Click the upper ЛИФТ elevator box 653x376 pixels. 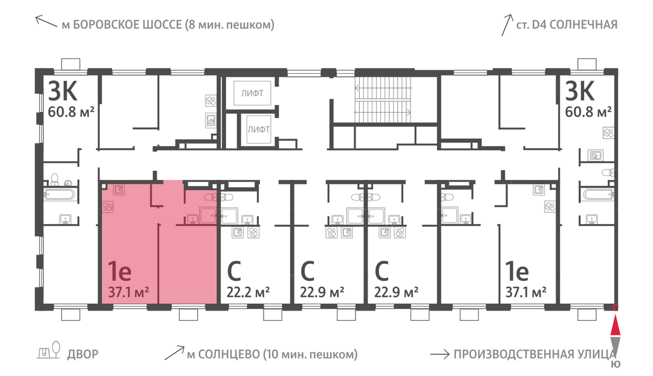(252, 93)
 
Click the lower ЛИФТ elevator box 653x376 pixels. (259, 129)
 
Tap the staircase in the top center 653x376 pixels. (383, 100)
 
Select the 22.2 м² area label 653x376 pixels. (249, 292)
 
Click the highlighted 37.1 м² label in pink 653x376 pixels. (129, 292)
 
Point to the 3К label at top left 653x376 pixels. (63, 91)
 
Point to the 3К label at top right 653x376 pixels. (579, 91)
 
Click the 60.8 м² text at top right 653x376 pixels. (588, 112)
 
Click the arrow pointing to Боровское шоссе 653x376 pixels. (46, 21)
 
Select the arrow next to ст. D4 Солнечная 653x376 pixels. (507, 25)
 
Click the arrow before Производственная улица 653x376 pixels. (440, 355)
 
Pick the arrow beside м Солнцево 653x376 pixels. (175, 352)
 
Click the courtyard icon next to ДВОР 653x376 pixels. (49, 351)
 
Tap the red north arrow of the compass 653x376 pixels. (616, 326)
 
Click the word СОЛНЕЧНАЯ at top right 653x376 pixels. (583, 25)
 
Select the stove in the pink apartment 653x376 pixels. (108, 206)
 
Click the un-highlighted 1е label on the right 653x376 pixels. (517, 271)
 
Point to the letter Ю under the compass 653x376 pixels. (616, 364)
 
